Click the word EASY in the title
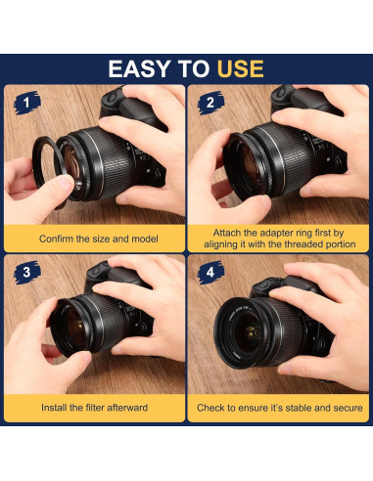pos(139,68)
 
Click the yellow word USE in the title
pos(240,68)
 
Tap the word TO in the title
pos(194,68)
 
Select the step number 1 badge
pos(27,103)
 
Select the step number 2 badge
pos(210,103)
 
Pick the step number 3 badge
pos(27,273)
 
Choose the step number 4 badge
pos(210,273)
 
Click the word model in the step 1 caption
pos(145,239)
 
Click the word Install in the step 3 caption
pos(54,408)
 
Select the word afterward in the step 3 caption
pos(127,408)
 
